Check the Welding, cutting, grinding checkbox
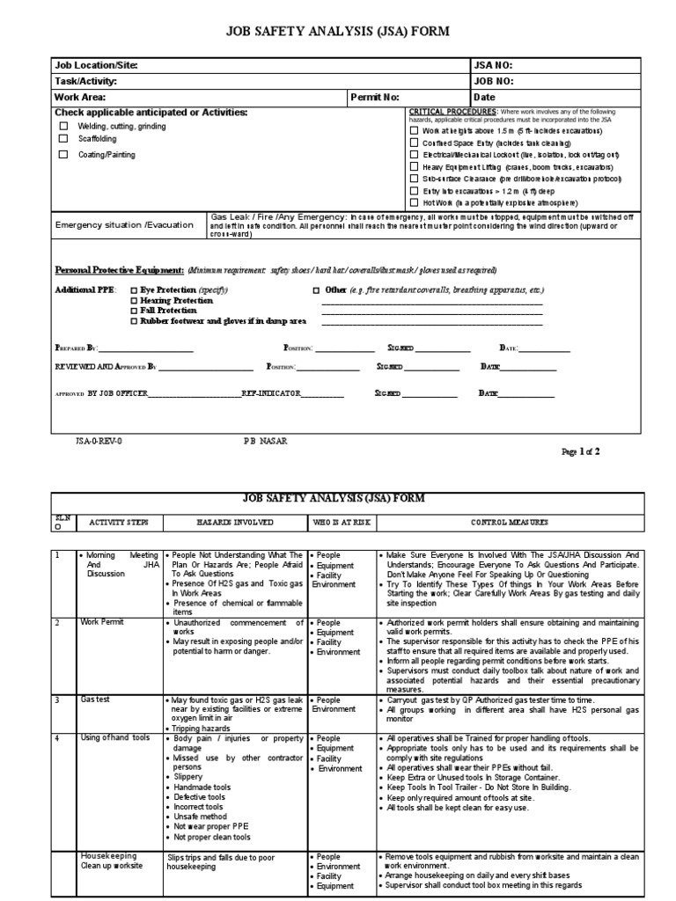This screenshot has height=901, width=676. pos(62,126)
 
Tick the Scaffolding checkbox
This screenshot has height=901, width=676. pos(62,138)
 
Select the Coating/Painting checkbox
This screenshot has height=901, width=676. pos(62,154)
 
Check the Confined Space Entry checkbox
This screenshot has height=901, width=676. pos(415,143)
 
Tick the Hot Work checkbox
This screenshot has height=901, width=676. pos(415,202)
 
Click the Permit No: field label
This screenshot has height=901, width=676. pos(374,97)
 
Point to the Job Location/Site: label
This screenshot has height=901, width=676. pos(97,66)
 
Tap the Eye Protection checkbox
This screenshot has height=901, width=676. pos(134,289)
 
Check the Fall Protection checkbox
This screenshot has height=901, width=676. pos(134,311)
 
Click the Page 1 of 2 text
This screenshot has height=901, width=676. pos(580,451)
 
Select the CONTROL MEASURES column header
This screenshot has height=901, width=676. pos(508,523)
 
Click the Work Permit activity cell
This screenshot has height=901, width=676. pos(102,622)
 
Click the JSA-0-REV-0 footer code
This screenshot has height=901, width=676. pos(99,441)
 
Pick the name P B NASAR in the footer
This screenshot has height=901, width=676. pos(265,441)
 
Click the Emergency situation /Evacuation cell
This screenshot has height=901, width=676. pos(124,224)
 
